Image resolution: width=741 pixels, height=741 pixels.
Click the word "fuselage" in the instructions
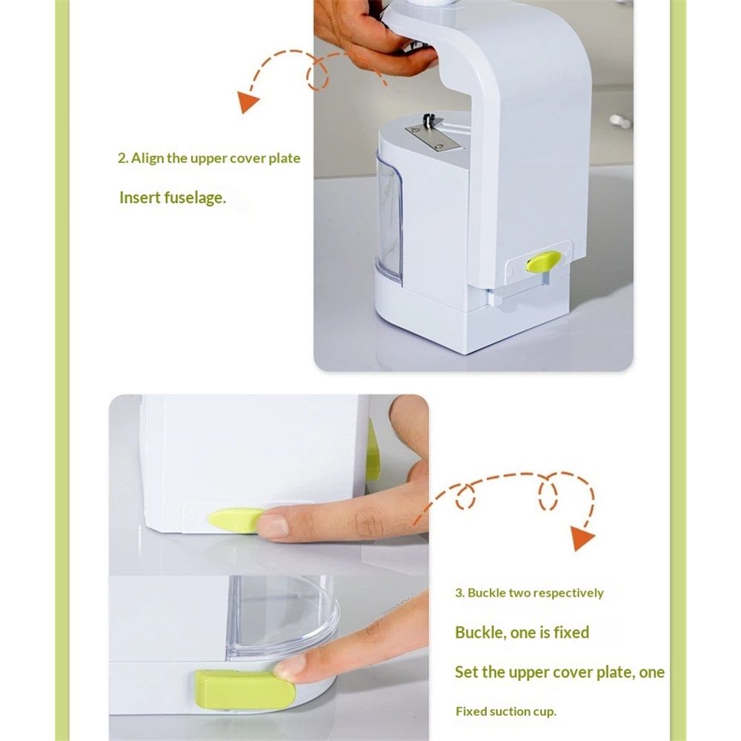(x=195, y=198)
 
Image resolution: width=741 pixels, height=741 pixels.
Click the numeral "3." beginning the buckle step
(x=460, y=593)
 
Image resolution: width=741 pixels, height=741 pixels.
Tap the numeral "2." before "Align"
(x=123, y=158)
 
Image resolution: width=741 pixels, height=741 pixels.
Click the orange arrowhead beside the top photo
(x=247, y=102)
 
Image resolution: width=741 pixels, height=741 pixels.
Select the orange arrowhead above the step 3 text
(x=582, y=538)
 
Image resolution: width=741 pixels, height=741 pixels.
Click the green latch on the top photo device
(x=543, y=262)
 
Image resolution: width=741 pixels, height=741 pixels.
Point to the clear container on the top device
(x=389, y=217)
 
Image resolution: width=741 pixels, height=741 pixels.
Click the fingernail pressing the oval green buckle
(x=273, y=525)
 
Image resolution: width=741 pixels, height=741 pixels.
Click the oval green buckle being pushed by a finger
(x=235, y=520)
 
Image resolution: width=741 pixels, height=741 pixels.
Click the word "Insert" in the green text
(x=140, y=197)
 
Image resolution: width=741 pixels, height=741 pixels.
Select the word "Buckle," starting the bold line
(x=481, y=633)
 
